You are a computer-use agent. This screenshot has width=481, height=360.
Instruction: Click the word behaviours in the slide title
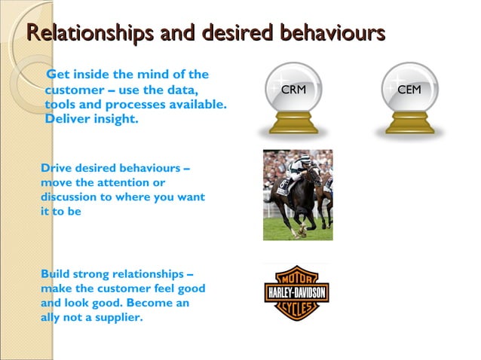pyautogui.click(x=332, y=35)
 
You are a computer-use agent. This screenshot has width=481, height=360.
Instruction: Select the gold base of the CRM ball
pyautogui.click(x=293, y=124)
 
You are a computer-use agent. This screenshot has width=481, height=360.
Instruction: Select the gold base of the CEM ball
pyautogui.click(x=409, y=124)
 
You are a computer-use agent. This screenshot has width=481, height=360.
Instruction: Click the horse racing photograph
pyautogui.click(x=297, y=194)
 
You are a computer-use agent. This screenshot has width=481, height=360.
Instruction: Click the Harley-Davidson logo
pyautogui.click(x=296, y=292)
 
